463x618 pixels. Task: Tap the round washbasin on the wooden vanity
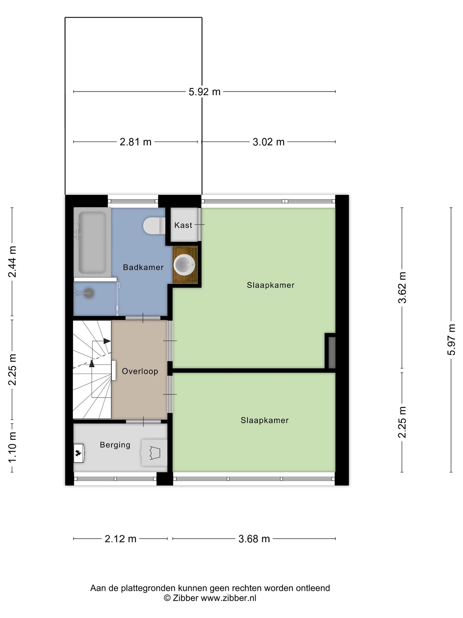point(184,265)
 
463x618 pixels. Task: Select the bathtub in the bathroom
point(92,242)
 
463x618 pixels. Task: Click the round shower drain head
point(89,293)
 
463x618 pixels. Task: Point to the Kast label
point(183,225)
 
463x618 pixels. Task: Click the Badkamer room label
point(143,267)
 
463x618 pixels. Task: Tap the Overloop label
point(140,371)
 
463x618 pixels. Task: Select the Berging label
point(115,445)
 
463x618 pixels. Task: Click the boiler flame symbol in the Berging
point(79,453)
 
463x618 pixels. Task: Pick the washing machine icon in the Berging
point(154,453)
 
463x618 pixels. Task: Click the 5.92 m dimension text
point(205,92)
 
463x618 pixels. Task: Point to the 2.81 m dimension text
point(136,142)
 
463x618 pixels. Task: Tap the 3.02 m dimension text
point(269,142)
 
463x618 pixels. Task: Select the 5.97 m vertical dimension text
point(451,340)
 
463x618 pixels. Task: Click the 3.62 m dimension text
point(402,288)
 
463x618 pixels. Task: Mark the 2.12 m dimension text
point(121,539)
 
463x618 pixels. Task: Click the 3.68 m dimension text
point(254,539)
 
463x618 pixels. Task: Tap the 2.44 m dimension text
point(12,262)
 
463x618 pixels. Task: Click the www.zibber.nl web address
point(228,598)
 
